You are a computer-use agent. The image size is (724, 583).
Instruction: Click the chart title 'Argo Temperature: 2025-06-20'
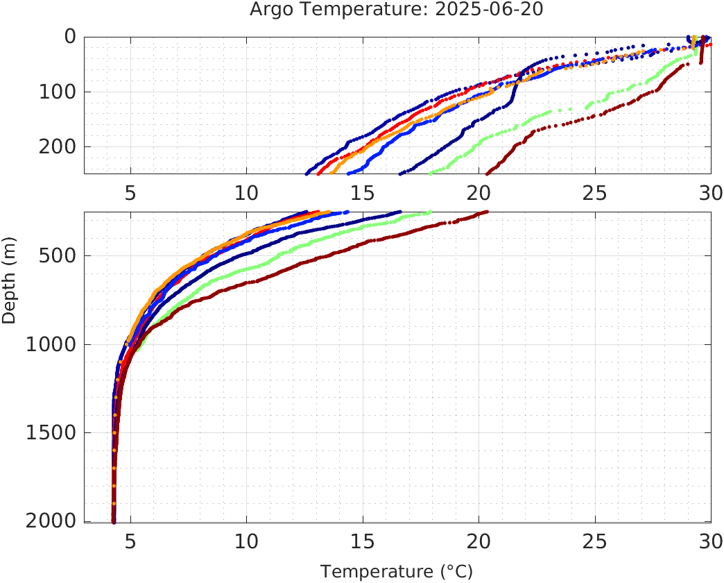(x=397, y=10)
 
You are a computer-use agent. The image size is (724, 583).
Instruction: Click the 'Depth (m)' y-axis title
(x=9, y=287)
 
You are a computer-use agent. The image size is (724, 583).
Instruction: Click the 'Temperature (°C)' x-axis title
(x=397, y=572)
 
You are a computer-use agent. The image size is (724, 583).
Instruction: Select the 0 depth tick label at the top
(x=69, y=37)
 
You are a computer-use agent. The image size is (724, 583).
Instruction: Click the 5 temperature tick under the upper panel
(x=130, y=193)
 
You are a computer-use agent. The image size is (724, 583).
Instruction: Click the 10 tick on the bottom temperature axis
(x=246, y=541)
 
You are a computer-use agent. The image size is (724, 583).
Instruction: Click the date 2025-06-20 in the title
(x=490, y=10)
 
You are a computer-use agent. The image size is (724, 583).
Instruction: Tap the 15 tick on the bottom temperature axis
(x=362, y=541)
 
